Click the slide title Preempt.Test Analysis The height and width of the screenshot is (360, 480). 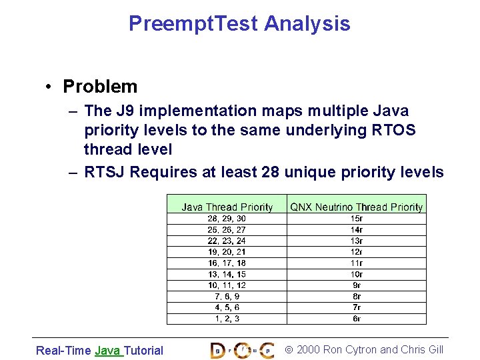[239, 23]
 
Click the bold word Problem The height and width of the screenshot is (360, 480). [100, 87]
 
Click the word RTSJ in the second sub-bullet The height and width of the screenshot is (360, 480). [105, 172]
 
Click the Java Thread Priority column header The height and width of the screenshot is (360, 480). [227, 207]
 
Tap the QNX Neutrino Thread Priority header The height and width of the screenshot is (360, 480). [357, 207]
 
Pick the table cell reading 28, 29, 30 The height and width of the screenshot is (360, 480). [227, 219]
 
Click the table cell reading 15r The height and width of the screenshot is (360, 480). [357, 219]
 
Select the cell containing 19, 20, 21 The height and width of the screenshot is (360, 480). [227, 252]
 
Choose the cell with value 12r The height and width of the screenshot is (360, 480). [357, 252]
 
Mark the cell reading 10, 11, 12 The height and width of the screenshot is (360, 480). [227, 285]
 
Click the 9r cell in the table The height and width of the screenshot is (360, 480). [357, 285]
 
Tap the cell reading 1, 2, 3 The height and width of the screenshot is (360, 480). [227, 319]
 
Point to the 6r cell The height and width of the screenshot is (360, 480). [357, 319]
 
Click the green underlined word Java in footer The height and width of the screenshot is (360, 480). [107, 351]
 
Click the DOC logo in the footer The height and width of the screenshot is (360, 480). [242, 350]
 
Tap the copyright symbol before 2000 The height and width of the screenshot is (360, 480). [289, 350]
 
